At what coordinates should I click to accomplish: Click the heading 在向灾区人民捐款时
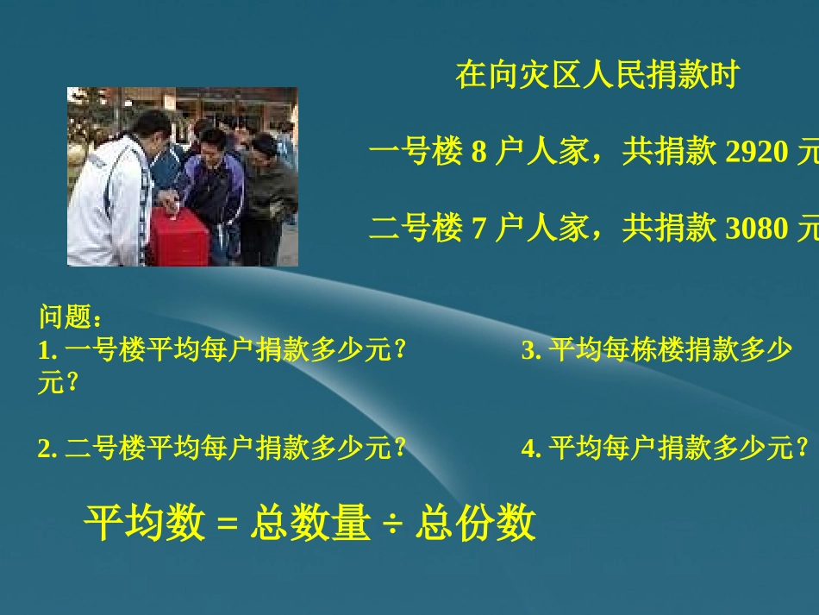[597, 76]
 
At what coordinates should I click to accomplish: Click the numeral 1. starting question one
[47, 351]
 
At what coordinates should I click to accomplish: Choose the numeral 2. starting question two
[47, 449]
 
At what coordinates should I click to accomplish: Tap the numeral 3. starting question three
[531, 351]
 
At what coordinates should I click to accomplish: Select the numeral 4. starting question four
[531, 449]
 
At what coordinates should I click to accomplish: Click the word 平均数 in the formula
[143, 524]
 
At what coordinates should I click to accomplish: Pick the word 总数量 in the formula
[310, 524]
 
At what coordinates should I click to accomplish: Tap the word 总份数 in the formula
[476, 524]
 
